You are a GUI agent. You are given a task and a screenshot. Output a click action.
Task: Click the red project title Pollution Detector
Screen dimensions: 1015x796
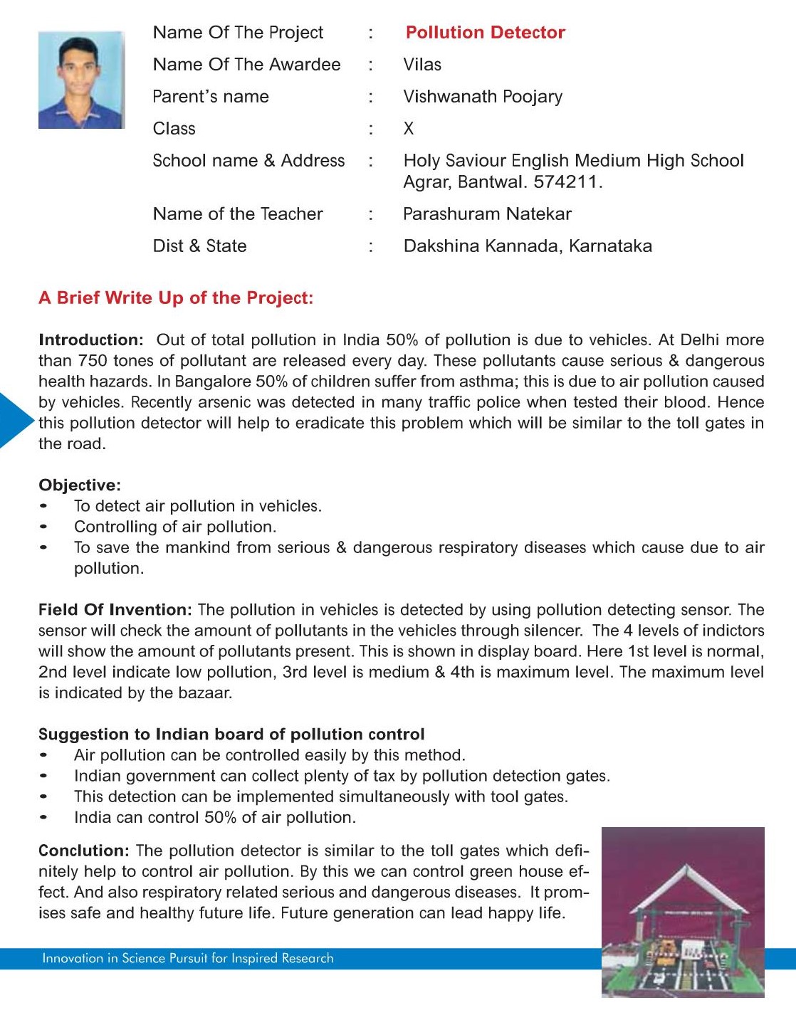(485, 33)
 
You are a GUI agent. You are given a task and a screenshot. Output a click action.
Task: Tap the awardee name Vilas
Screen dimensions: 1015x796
(422, 65)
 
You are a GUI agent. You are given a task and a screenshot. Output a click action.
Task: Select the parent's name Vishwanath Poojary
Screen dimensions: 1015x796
(483, 97)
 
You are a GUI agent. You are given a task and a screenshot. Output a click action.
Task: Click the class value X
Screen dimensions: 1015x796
(409, 129)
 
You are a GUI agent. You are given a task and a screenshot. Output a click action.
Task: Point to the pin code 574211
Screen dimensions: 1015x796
(565, 182)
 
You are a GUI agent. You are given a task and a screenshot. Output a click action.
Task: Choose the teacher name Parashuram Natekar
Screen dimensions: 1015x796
(487, 214)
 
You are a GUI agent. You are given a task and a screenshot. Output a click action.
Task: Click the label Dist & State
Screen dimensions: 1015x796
(199, 246)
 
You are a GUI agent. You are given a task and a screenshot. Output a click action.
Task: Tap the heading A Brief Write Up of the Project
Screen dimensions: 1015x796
(176, 298)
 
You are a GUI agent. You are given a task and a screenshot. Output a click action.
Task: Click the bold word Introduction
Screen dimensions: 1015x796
(90, 340)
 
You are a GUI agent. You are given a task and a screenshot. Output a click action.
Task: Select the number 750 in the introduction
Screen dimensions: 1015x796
(93, 361)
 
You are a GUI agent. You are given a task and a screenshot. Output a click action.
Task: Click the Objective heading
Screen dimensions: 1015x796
(80, 485)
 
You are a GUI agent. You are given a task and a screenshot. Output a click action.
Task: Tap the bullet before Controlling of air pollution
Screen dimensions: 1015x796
(44, 527)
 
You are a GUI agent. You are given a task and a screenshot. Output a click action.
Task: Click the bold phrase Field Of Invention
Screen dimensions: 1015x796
(115, 610)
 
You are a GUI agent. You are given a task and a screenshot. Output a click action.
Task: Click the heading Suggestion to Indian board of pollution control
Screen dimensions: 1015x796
(231, 735)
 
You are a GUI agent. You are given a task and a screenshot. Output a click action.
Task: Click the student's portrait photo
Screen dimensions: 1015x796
(81, 80)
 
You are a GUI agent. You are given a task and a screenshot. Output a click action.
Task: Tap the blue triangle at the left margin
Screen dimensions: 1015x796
(14, 420)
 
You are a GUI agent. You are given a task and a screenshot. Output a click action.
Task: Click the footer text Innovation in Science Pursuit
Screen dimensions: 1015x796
(187, 959)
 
